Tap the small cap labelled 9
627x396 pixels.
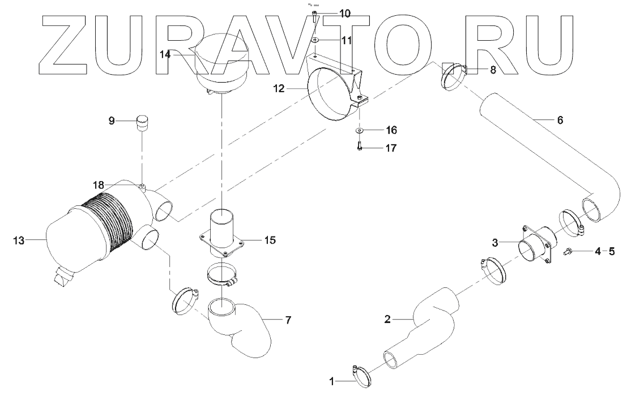point(143,122)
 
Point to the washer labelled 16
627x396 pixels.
point(360,131)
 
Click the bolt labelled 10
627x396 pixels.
point(314,15)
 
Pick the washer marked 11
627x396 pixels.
point(314,40)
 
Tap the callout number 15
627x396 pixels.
point(270,240)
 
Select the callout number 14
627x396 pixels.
point(164,55)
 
